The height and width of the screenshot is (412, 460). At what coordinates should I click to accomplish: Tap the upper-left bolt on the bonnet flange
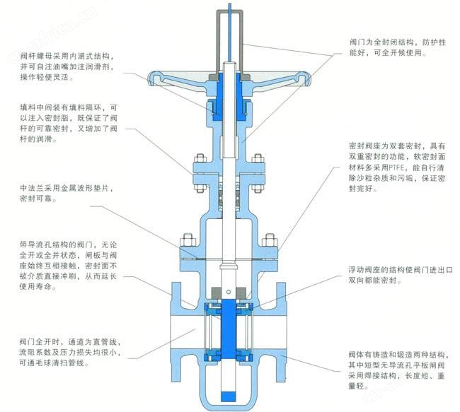coord(200,158)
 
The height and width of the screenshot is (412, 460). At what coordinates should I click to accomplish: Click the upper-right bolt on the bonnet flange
coord(258,158)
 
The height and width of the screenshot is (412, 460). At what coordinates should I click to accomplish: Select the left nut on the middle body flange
coord(188,240)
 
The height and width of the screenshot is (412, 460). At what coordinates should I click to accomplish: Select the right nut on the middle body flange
coord(270,240)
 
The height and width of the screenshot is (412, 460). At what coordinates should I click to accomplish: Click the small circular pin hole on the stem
coord(229,292)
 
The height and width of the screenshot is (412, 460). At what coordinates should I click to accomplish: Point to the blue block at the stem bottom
coord(229,396)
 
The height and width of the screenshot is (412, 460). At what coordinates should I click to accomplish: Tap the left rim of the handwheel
coord(154,78)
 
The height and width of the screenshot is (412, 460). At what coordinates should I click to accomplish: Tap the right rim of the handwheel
coord(304,78)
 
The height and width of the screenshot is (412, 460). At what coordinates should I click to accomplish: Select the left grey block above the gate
coord(217,293)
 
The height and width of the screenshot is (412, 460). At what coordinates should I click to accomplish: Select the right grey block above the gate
coord(241,293)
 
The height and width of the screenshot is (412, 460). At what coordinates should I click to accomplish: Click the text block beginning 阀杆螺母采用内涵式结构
coord(67,66)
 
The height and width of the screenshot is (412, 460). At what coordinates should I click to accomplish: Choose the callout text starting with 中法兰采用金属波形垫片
coord(67,193)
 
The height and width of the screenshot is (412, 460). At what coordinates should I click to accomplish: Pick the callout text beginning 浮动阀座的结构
coord(401,275)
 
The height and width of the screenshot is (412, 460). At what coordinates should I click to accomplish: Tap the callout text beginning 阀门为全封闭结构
coord(398,47)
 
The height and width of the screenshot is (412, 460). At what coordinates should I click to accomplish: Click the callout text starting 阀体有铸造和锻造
coord(398,370)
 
